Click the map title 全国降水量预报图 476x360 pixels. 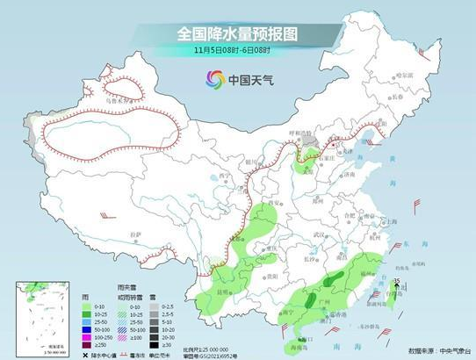pyautogui.click(x=238, y=33)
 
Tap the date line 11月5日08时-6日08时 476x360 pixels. pyautogui.click(x=238, y=52)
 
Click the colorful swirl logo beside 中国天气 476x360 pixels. pyautogui.click(x=215, y=79)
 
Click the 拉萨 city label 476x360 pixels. pyautogui.click(x=134, y=234)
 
